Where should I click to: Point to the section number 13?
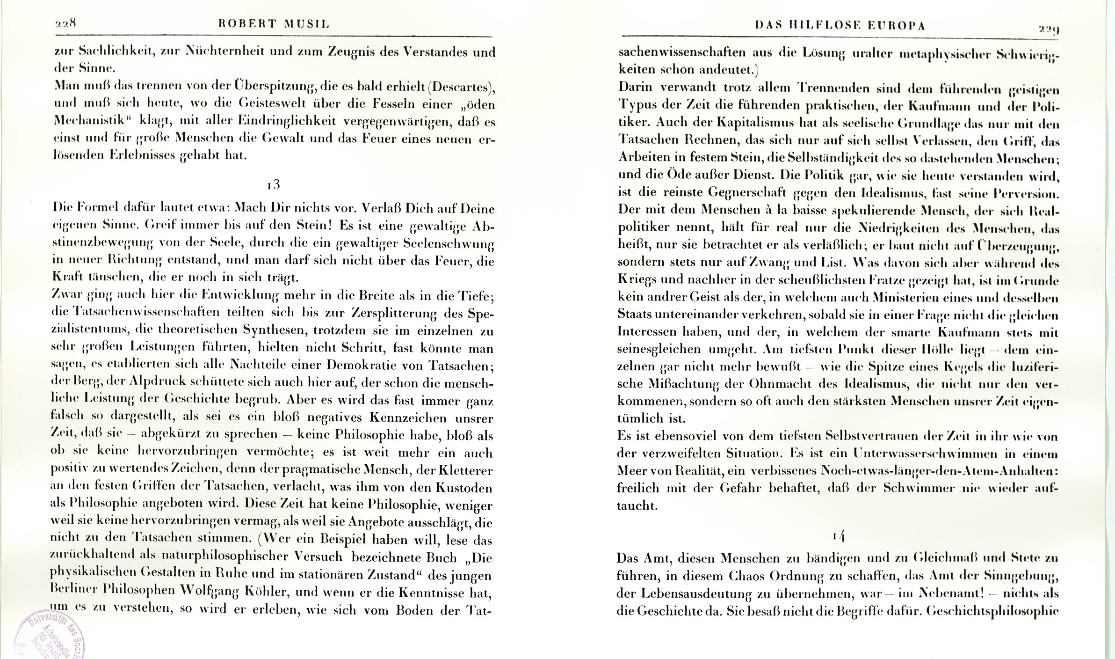[x=274, y=185]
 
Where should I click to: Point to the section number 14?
[x=839, y=536]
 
